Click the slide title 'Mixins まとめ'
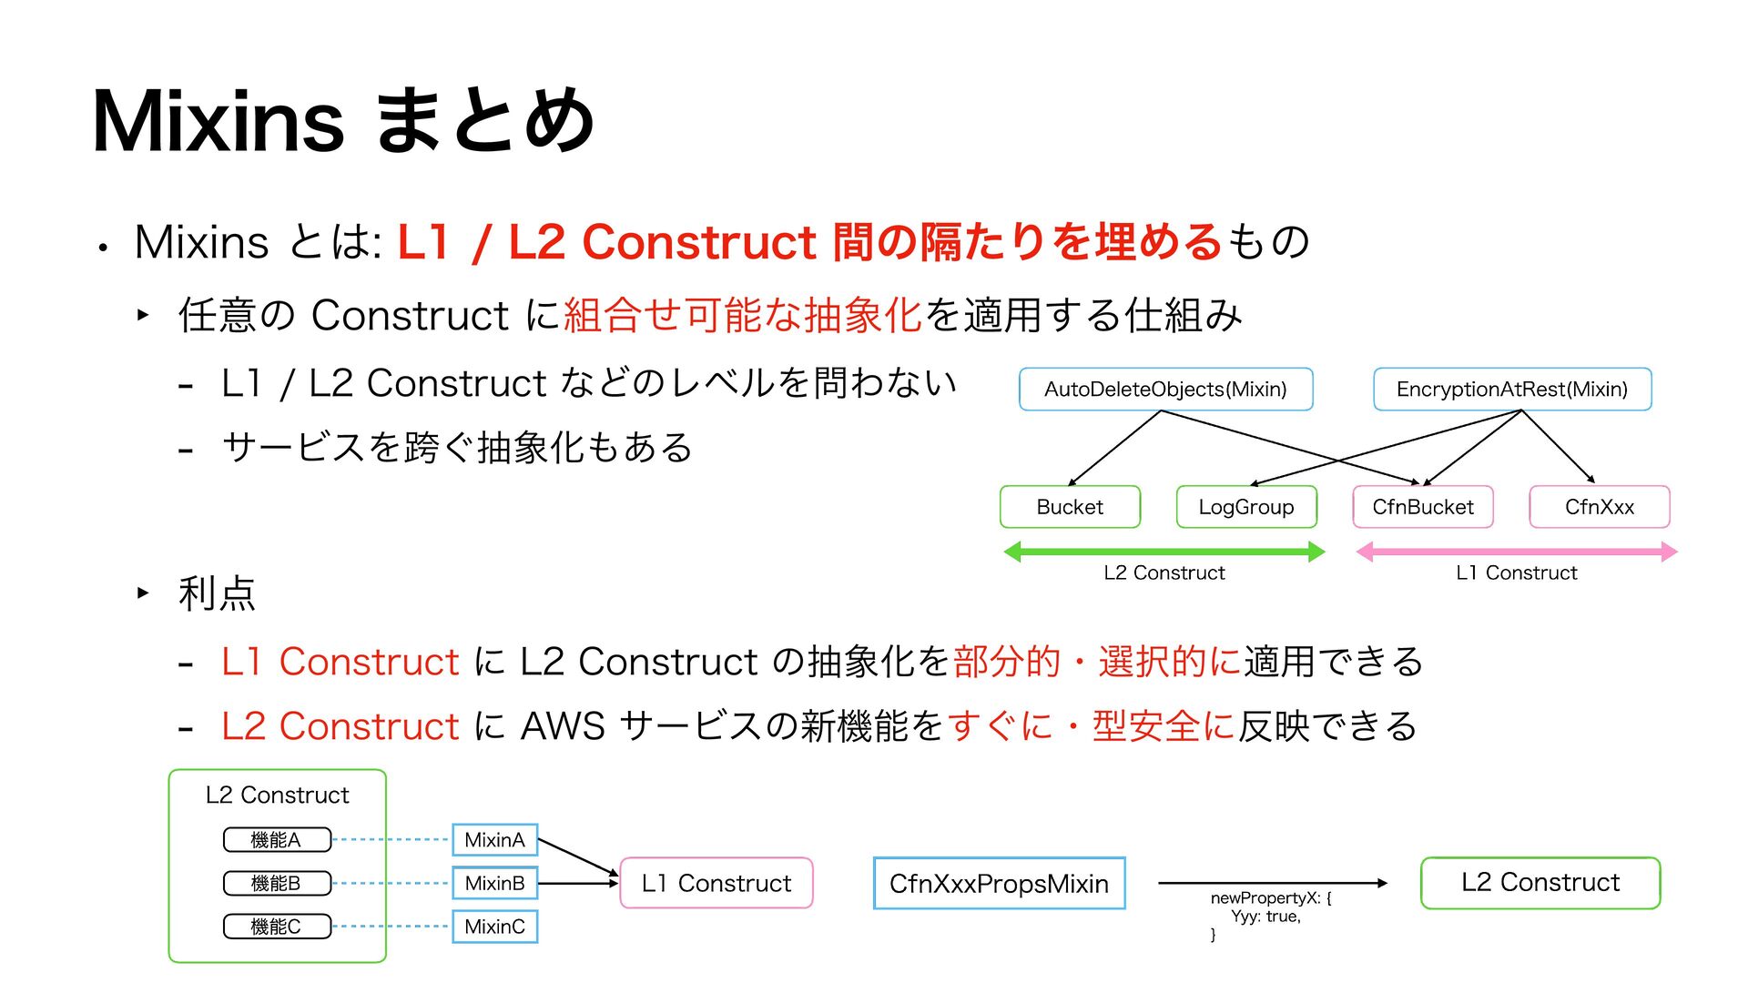(343, 121)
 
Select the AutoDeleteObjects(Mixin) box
(1165, 390)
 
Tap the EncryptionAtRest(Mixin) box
(1511, 390)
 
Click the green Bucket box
(1070, 507)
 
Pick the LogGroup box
(1245, 507)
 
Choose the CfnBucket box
(1422, 507)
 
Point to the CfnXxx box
(1599, 507)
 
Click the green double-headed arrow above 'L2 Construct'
(1164, 552)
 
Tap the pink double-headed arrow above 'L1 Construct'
(1516, 552)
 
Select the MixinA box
(494, 840)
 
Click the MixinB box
(494, 883)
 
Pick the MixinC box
(494, 927)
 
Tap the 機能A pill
(276, 840)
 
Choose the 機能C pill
(276, 927)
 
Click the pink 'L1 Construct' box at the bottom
(716, 883)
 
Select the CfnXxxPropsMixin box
(999, 884)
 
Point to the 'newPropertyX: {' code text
(1270, 898)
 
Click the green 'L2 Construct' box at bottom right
(1540, 883)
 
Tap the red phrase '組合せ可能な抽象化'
(743, 315)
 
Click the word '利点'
(217, 593)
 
